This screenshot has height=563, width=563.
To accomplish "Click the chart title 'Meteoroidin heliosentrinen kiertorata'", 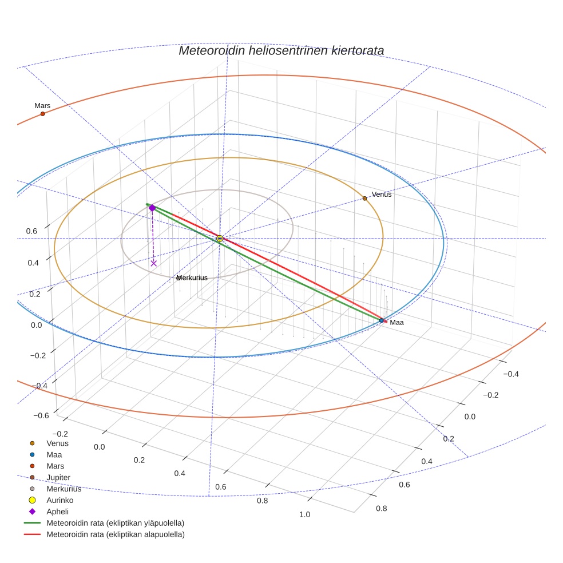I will point(281,50).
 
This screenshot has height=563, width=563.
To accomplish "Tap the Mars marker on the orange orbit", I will point(42,114).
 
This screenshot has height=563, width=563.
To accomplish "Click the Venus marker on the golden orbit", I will point(364,199).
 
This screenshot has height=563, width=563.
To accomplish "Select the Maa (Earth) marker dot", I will point(382,320).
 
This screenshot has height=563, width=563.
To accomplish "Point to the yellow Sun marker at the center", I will point(220,239).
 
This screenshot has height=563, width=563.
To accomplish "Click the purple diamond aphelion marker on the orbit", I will point(152,208).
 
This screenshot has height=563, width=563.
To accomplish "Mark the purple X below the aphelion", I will point(153,263).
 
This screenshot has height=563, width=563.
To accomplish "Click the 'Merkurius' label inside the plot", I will point(192,278).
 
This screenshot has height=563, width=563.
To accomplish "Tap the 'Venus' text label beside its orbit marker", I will point(382,195).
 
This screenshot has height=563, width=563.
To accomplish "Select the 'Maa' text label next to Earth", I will point(397,323).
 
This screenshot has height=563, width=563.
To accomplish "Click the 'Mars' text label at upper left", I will point(42,106).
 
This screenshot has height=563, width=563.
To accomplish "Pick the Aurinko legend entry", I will point(60,500).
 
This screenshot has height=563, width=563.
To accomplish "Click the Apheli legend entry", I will point(57,512).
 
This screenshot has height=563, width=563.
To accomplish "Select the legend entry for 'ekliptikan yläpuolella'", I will point(115,523).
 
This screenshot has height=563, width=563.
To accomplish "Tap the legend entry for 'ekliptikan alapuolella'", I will point(115,534).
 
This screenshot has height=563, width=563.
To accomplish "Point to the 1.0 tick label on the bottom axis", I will point(304,514).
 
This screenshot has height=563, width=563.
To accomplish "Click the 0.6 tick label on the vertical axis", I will point(32,231).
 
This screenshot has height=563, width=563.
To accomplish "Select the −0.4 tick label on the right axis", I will point(511,374).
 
